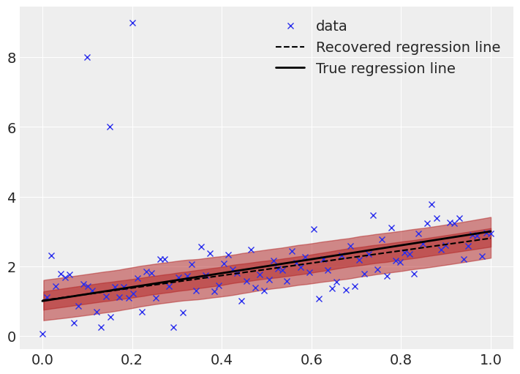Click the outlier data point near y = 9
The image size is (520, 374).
click(132, 23)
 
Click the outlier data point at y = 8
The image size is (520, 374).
click(87, 57)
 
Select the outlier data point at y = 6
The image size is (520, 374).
click(110, 127)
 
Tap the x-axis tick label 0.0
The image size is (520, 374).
click(42, 359)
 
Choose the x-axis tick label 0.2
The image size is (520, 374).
click(132, 359)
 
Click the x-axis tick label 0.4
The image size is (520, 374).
click(222, 359)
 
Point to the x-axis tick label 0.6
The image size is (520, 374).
click(312, 359)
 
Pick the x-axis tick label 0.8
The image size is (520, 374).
click(401, 359)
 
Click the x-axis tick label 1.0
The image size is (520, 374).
click(491, 359)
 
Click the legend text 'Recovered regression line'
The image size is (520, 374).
click(407, 48)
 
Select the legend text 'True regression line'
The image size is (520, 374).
click(385, 69)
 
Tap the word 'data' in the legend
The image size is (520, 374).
click(331, 26)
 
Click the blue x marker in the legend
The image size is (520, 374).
click(290, 26)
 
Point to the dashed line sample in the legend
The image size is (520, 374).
click(290, 48)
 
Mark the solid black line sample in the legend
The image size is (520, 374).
click(290, 69)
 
